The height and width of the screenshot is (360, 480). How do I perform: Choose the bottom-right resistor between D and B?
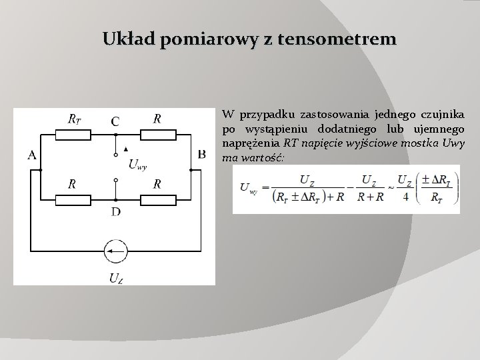point(157,198)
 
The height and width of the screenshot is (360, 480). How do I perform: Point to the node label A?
point(32,155)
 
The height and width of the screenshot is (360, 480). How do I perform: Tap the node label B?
point(201,155)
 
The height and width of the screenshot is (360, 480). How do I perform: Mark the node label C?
point(115,121)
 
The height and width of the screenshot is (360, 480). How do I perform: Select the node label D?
point(115,212)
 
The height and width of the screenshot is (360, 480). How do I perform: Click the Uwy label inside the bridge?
point(137,163)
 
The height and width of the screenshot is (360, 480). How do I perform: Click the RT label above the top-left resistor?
point(75,119)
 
